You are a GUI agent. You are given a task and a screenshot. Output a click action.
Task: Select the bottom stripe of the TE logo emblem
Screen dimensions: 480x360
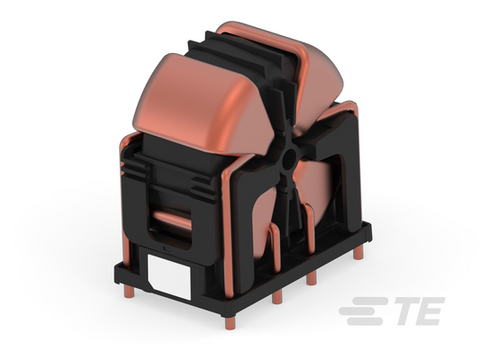point(365,321)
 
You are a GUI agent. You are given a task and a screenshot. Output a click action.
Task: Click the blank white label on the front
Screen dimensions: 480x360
point(169,277)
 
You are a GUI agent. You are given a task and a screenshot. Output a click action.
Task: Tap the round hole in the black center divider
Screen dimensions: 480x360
point(288,159)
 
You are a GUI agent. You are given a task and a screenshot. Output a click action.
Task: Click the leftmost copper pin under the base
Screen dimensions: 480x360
point(129,292)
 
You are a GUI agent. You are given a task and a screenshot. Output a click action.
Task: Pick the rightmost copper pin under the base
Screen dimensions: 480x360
point(358,254)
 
